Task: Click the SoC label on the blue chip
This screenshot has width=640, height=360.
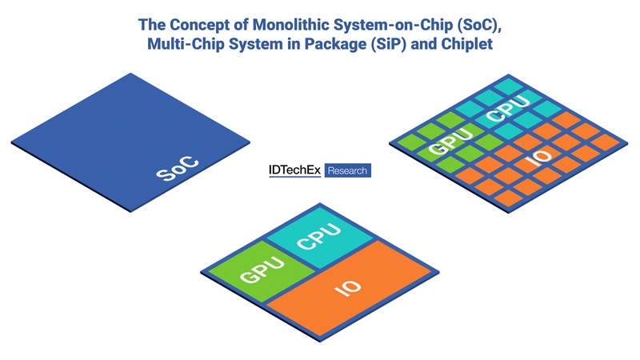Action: [178, 169]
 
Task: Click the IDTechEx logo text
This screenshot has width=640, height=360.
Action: [294, 170]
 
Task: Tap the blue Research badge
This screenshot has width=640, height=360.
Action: [348, 170]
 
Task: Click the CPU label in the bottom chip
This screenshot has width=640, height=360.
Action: [318, 236]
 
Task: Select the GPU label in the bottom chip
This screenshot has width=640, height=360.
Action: [262, 269]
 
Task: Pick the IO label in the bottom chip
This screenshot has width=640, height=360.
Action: [348, 288]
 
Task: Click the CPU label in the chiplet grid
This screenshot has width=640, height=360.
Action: [508, 109]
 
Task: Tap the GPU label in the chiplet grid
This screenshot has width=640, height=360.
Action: [450, 142]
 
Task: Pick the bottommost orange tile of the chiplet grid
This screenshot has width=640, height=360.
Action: [509, 198]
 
